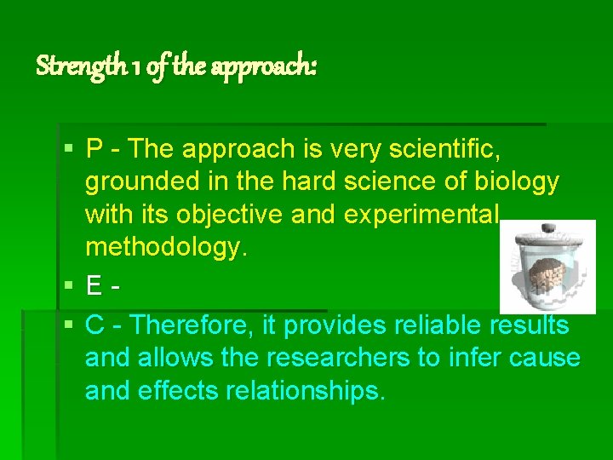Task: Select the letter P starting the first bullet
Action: click(x=95, y=149)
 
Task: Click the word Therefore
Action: click(x=203, y=325)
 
